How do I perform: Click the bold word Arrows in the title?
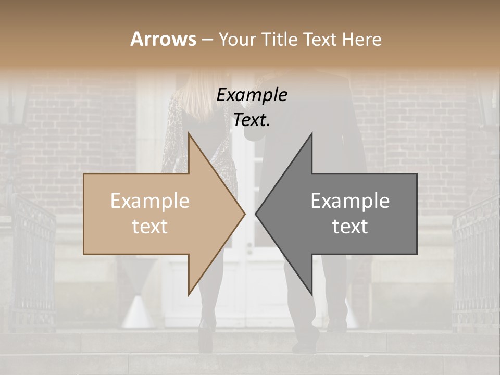pyautogui.click(x=163, y=39)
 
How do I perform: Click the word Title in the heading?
pyautogui.click(x=280, y=39)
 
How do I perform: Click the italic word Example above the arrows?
pyautogui.click(x=252, y=95)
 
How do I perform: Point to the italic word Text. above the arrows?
pyautogui.click(x=252, y=120)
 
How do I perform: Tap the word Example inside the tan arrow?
pyautogui.click(x=150, y=201)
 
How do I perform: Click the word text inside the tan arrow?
pyautogui.click(x=150, y=227)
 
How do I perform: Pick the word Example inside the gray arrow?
pyautogui.click(x=350, y=201)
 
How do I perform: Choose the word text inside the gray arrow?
pyautogui.click(x=350, y=227)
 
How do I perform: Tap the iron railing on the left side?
pyautogui.click(x=31, y=260)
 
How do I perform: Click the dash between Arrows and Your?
pyautogui.click(x=207, y=40)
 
